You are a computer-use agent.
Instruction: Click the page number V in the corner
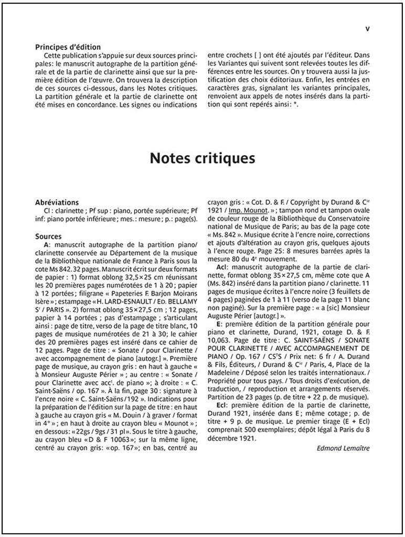click(367, 29)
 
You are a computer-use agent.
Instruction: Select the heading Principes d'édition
click(68, 47)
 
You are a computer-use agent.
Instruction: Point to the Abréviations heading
click(57, 202)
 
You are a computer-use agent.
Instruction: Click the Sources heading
click(48, 237)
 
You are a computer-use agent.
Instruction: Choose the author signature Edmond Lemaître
click(344, 448)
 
